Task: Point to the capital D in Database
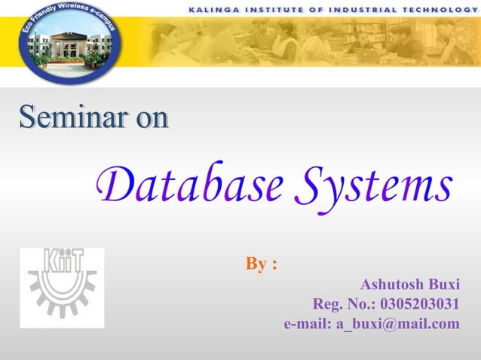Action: point(113,184)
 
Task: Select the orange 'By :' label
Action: point(261,264)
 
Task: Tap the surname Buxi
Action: point(443,285)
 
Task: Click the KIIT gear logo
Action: point(62,288)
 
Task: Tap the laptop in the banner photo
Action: point(369,53)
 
